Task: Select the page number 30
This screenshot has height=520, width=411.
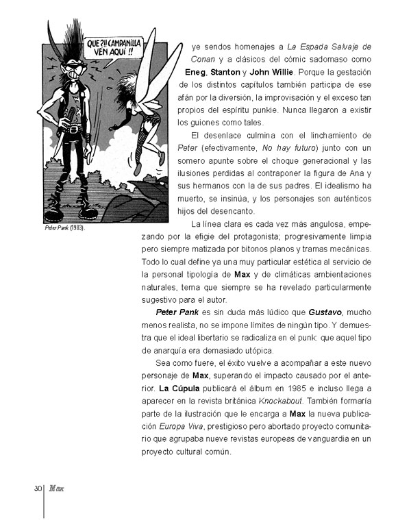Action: (x=38, y=488)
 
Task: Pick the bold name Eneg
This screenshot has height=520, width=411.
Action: (x=197, y=72)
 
